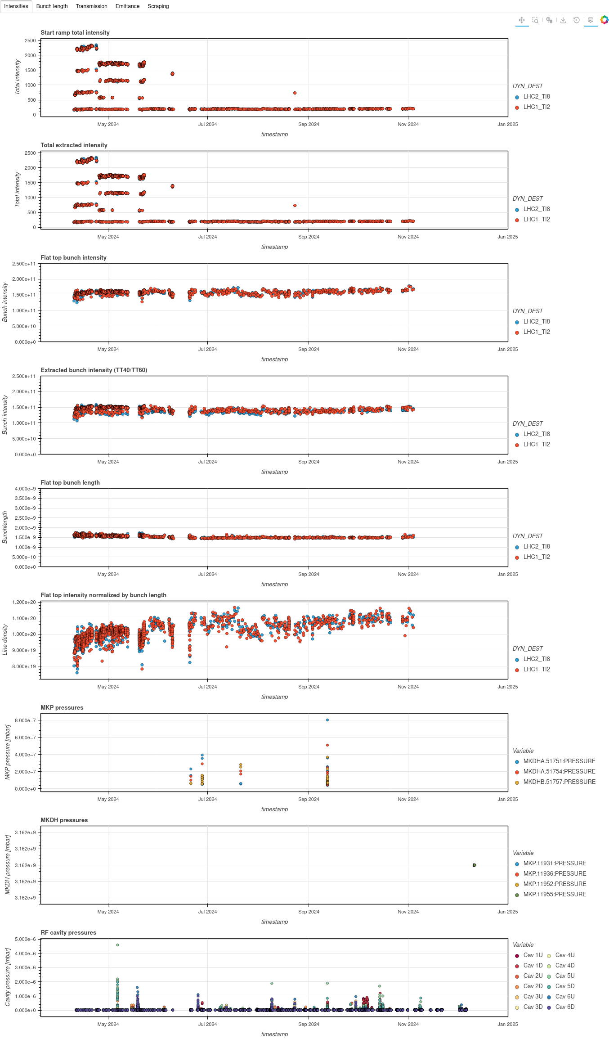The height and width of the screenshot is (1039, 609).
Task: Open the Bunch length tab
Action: [x=52, y=6]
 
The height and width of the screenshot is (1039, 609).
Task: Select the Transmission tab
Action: [x=91, y=6]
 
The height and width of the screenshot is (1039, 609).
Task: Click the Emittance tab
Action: [x=127, y=6]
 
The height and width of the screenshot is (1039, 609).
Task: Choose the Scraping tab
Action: [x=158, y=6]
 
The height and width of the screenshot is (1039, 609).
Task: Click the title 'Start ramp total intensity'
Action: [x=75, y=33]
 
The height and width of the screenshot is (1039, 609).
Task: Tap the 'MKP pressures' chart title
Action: [x=62, y=708]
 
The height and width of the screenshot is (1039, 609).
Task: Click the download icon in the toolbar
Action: [x=563, y=20]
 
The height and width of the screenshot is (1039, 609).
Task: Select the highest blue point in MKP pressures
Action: [x=327, y=720]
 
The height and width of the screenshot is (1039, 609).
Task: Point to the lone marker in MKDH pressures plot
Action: [x=475, y=865]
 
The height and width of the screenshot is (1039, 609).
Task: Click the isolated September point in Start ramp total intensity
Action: [x=295, y=93]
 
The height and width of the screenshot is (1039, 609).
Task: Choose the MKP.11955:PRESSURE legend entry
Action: [x=555, y=894]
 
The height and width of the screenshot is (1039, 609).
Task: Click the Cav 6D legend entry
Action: [x=564, y=1007]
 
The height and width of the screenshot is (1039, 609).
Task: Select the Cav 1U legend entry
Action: [x=533, y=955]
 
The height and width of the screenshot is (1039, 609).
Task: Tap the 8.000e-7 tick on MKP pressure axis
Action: [x=25, y=720]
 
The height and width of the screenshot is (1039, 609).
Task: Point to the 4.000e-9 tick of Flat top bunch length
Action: [x=25, y=489]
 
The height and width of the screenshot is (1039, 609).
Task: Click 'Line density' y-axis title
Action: [x=5, y=639]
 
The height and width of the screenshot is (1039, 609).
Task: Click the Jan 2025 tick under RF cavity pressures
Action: [x=507, y=1024]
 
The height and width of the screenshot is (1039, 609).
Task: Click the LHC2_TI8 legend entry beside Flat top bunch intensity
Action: [x=536, y=321]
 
